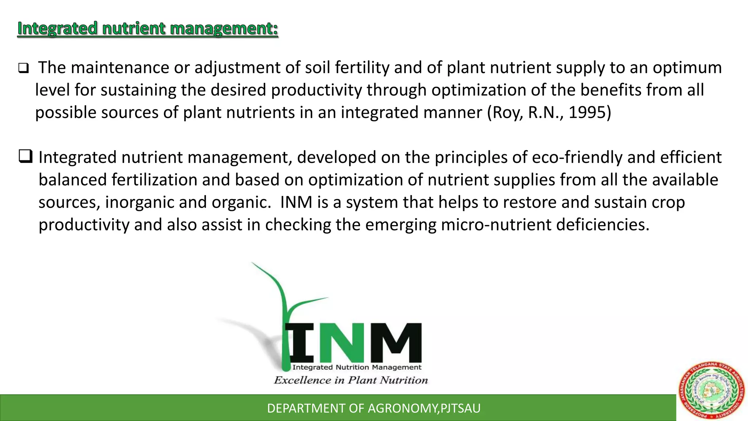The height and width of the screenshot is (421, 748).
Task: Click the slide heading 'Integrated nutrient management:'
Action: point(148,29)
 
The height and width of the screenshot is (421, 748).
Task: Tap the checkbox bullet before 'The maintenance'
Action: point(23,68)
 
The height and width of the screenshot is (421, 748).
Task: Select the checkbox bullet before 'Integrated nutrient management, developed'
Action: point(25,156)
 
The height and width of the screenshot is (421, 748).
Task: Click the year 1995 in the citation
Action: point(587,112)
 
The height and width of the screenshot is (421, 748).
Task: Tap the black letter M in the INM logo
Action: point(396,342)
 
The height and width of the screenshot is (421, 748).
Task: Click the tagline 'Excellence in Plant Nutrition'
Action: point(351,380)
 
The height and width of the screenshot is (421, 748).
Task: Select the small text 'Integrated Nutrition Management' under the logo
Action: point(357,367)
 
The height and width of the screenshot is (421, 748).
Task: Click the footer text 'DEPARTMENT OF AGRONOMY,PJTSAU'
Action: point(374,408)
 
